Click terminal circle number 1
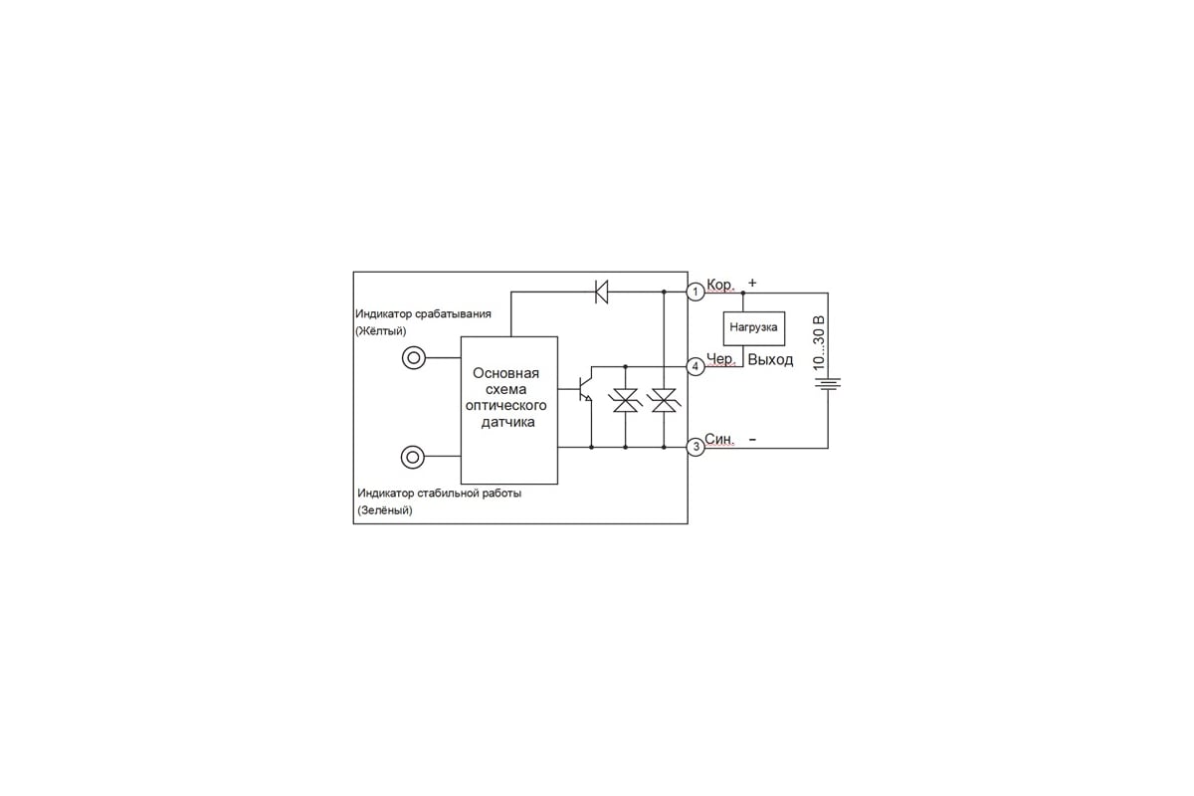coord(696,292)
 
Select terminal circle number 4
coord(696,366)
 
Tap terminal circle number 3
coord(696,447)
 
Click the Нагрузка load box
coord(754,328)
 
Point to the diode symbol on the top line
coord(601,292)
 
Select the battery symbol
coord(828,383)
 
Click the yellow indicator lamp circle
coord(414,358)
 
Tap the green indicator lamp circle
coord(413,457)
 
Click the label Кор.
coord(720,285)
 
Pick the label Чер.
coord(720,359)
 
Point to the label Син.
coord(719,439)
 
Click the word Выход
coord(770,360)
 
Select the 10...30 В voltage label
coord(819,343)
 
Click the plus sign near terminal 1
coord(752,283)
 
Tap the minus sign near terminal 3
coord(752,440)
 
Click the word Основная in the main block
coord(505,373)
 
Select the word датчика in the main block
coord(508,423)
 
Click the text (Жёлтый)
coord(380,331)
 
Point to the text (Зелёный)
coord(385,510)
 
